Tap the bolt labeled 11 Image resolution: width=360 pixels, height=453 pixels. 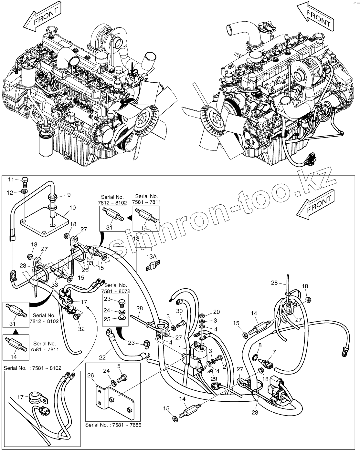[26, 181]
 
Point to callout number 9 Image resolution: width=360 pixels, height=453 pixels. [69, 195]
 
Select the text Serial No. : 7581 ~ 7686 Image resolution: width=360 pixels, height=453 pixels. [113, 425]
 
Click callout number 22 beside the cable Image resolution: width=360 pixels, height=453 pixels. [102, 357]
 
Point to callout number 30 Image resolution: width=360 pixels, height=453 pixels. [180, 311]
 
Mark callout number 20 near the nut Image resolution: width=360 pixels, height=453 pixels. [216, 312]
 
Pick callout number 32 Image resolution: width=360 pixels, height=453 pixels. [81, 329]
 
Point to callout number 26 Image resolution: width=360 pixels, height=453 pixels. [90, 375]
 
